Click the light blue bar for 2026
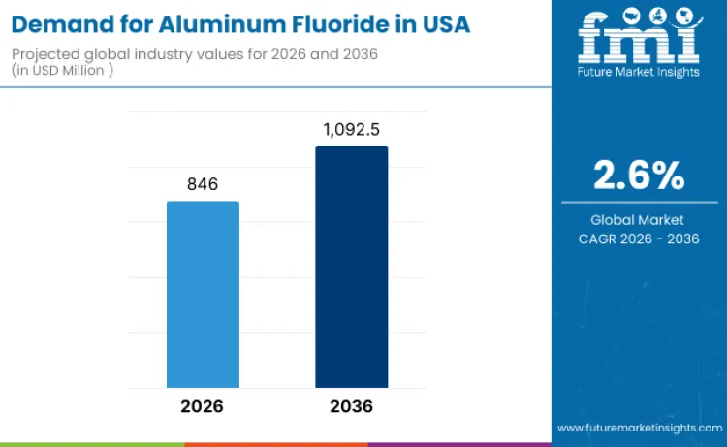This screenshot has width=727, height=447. pos(203,294)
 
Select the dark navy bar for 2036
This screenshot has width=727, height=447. pos(351,267)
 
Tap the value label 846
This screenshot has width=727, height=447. pos(203,184)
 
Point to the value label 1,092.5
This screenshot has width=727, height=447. pos(351,129)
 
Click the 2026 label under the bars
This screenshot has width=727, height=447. pos(202,405)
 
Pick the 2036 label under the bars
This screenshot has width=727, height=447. pos(351,405)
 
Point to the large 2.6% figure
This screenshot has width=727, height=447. pos(639,175)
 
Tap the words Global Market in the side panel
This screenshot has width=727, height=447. pos(639,220)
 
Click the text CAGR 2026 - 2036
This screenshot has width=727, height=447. pos(639,239)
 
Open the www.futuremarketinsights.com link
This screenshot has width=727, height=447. pos(639,428)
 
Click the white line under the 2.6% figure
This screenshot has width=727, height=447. pos(639,201)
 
